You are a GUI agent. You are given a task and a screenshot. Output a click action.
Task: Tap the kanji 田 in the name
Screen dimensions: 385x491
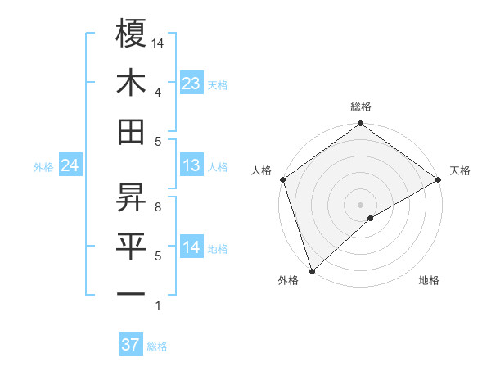click(x=132, y=131)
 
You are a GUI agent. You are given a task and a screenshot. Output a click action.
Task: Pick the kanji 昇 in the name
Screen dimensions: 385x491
click(x=132, y=197)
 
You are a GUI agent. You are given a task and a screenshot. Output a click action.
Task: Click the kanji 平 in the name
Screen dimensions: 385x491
click(x=132, y=247)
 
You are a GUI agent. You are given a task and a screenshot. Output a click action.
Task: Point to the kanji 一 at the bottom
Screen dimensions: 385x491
click(x=132, y=293)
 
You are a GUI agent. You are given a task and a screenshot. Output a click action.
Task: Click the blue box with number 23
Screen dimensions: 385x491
click(x=191, y=83)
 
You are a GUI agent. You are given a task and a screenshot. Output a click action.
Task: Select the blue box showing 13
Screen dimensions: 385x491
click(x=191, y=166)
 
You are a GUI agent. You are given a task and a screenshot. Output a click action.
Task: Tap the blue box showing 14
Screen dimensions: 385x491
click(x=191, y=248)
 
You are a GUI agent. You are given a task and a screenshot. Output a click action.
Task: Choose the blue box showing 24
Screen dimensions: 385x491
click(x=70, y=166)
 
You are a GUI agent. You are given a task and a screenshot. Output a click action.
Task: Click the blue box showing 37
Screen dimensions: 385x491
click(x=130, y=345)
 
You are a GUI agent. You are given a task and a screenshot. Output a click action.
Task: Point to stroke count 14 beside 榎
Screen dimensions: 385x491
click(x=159, y=42)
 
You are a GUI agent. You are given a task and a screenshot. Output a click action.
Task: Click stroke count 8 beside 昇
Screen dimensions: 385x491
click(x=158, y=207)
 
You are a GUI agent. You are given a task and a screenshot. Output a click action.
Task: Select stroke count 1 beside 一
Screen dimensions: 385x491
click(x=158, y=306)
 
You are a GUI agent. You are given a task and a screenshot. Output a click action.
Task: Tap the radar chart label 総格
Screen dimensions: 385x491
click(x=361, y=106)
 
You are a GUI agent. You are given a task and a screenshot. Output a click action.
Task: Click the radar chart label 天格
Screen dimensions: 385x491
click(x=460, y=170)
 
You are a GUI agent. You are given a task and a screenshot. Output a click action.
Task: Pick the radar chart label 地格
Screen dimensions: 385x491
click(x=429, y=280)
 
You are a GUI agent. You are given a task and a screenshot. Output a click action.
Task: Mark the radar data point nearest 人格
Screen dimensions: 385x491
click(x=282, y=179)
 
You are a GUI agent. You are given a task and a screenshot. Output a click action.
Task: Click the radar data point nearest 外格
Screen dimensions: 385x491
click(x=312, y=270)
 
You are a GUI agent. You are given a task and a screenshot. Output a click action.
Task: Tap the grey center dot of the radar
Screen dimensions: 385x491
click(x=361, y=204)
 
